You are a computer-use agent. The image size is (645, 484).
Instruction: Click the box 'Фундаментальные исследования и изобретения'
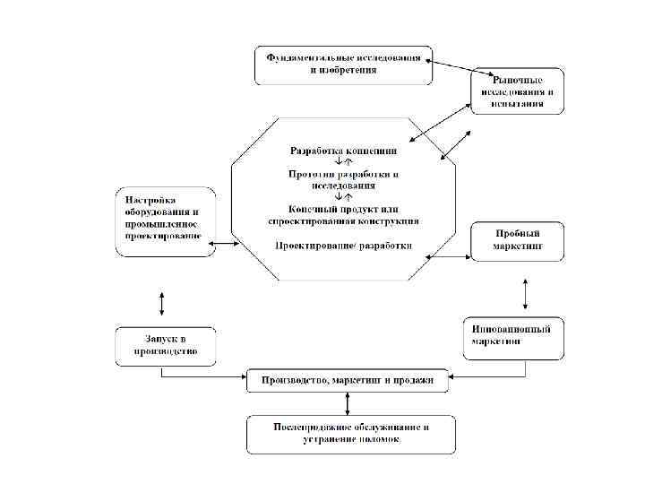(x=343, y=65)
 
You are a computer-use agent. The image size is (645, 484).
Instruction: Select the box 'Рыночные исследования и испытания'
(x=518, y=91)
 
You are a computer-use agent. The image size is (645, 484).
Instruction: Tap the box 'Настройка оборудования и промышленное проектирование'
(x=165, y=221)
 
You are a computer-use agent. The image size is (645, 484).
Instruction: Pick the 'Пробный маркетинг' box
(x=518, y=241)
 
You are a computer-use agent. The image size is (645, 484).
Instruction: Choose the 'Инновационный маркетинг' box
(x=512, y=335)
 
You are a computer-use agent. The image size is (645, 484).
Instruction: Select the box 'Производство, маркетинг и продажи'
(x=348, y=381)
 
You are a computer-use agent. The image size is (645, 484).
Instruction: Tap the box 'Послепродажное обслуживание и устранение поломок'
(x=350, y=434)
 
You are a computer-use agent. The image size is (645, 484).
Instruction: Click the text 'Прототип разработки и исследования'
(x=343, y=179)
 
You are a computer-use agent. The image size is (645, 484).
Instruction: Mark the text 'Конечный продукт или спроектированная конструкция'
(x=343, y=214)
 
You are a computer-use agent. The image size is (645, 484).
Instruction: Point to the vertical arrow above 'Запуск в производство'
(x=161, y=302)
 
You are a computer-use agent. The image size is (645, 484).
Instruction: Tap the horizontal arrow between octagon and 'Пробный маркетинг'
(x=449, y=257)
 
